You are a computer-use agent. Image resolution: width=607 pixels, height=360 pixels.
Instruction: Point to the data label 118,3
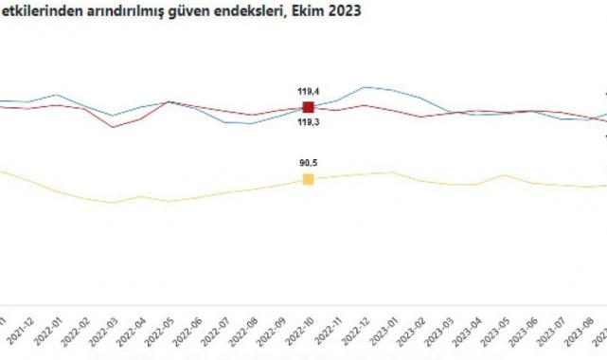pos(307,123)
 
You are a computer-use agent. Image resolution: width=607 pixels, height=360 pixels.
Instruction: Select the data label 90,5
pos(307,163)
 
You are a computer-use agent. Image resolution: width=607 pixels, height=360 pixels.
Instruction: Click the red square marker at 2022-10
pos(307,107)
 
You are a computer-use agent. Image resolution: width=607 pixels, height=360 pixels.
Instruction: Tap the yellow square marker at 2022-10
pos(307,179)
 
